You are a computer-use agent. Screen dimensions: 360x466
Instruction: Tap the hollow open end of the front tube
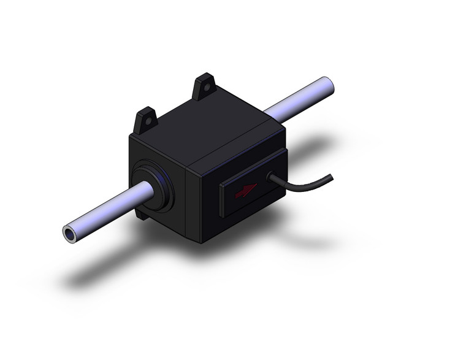pos(69,233)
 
